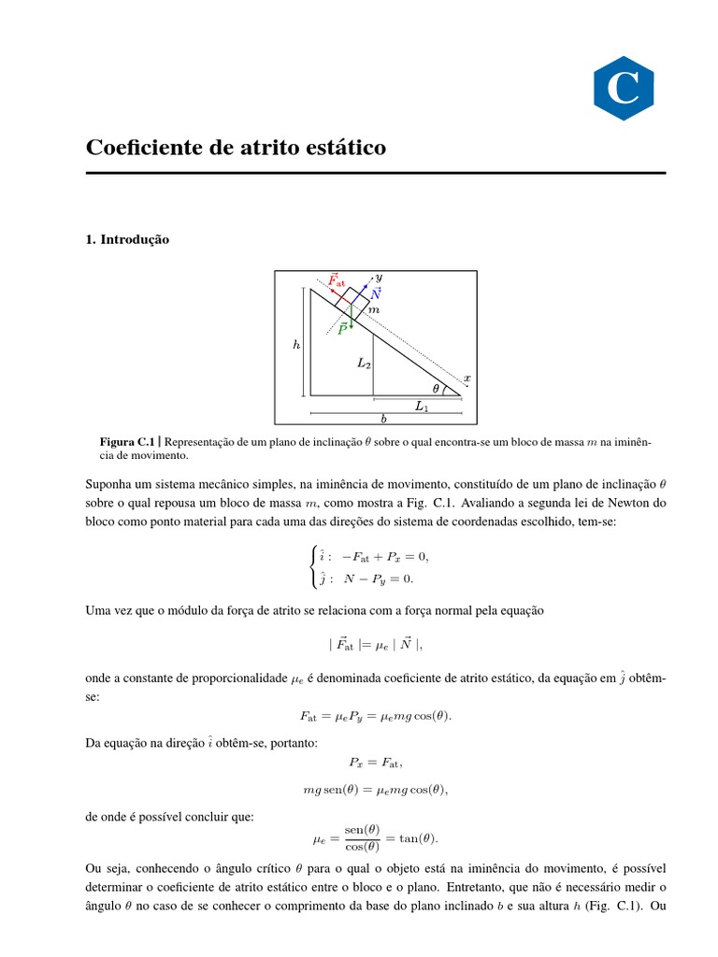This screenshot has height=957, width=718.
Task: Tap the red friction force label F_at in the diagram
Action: click(x=336, y=280)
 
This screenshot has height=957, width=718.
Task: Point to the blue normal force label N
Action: click(x=376, y=293)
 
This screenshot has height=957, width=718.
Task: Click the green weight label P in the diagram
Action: click(x=343, y=328)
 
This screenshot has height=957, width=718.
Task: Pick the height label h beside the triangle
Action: click(x=296, y=345)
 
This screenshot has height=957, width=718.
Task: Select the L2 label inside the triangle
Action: click(x=364, y=364)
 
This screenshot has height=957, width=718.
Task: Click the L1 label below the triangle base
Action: click(x=422, y=407)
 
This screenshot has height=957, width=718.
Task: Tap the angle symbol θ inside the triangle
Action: click(x=435, y=388)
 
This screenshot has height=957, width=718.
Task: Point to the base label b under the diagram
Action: click(x=383, y=419)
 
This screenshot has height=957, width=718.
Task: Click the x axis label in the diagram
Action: click(x=467, y=379)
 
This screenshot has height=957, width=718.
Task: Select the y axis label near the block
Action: click(x=379, y=278)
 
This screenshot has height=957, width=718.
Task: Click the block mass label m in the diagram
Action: click(x=374, y=309)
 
